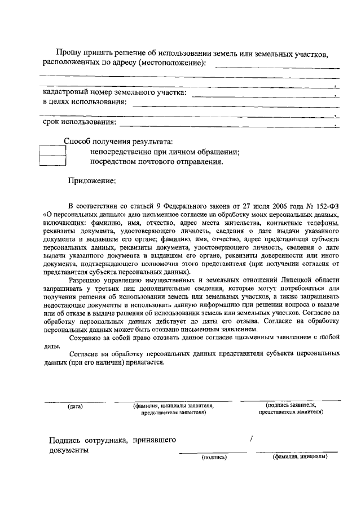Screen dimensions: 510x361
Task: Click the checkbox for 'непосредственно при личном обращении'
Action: coord(53,151)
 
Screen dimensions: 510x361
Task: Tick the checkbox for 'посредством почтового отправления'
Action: coord(53,162)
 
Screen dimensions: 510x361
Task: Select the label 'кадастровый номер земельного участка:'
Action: coord(116,92)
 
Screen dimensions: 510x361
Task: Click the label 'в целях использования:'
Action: coord(85,102)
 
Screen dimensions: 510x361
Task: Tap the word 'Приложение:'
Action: coord(93,181)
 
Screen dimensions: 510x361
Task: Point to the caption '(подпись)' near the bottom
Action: coord(214,457)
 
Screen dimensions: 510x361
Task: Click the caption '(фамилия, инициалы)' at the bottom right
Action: coord(300,456)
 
